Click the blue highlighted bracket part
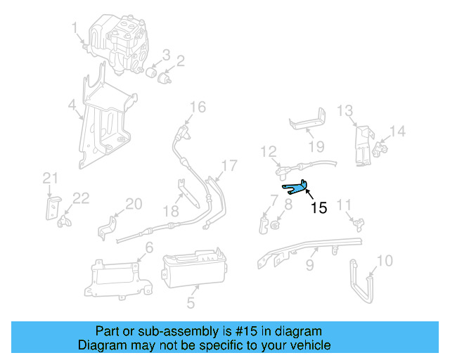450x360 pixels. click(x=297, y=187)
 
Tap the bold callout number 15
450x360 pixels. click(x=319, y=208)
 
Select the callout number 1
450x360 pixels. click(x=75, y=27)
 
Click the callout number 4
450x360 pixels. click(x=72, y=107)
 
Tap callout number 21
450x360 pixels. click(x=49, y=176)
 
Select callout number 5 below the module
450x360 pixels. click(x=191, y=304)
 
